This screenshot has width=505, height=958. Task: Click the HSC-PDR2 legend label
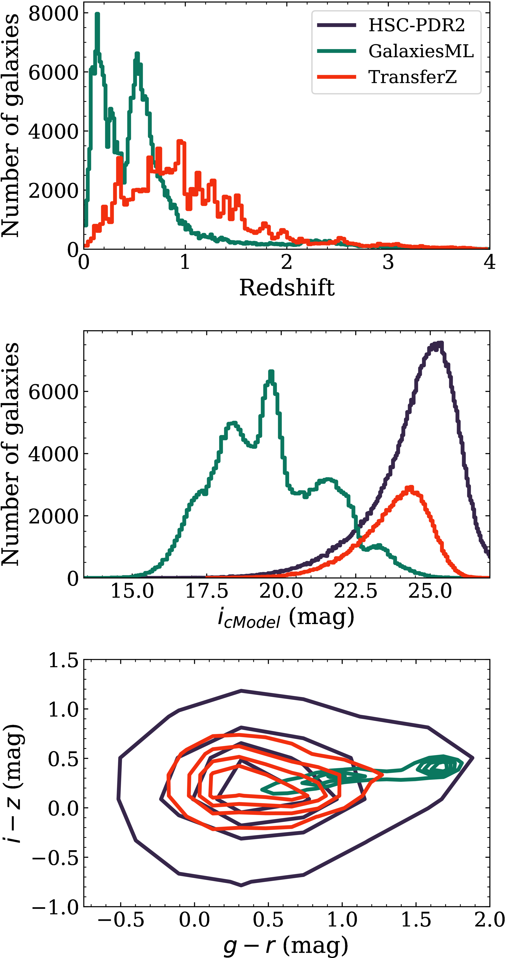(x=416, y=25)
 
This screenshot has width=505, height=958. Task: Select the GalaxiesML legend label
(x=421, y=51)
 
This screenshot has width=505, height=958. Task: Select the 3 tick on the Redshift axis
(x=388, y=263)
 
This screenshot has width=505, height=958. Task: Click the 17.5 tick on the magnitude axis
(x=207, y=591)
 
